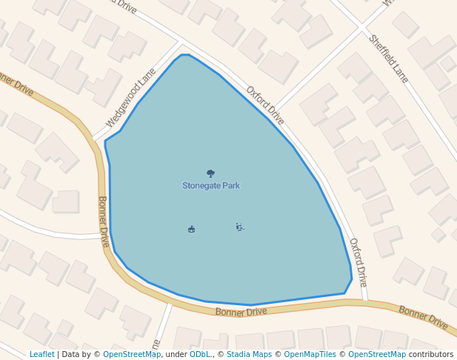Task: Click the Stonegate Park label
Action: [211, 186]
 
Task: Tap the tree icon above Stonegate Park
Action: [211, 173]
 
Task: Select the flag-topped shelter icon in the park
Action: [192, 229]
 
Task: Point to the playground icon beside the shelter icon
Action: [239, 227]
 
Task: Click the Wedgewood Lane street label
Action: [131, 98]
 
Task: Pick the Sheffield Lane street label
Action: [388, 59]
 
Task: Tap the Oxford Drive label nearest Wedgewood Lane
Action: [265, 105]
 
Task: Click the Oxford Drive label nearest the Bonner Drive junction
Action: [358, 262]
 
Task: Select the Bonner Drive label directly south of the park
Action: [241, 312]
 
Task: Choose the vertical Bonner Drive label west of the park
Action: [104, 221]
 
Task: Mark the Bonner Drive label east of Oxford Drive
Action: [423, 318]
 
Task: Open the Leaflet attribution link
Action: [42, 355]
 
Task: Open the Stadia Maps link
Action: [249, 355]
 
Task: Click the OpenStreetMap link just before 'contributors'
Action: [376, 355]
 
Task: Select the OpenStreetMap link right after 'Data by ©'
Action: [132, 355]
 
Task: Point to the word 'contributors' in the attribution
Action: [431, 355]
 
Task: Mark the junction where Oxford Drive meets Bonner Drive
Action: [365, 301]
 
